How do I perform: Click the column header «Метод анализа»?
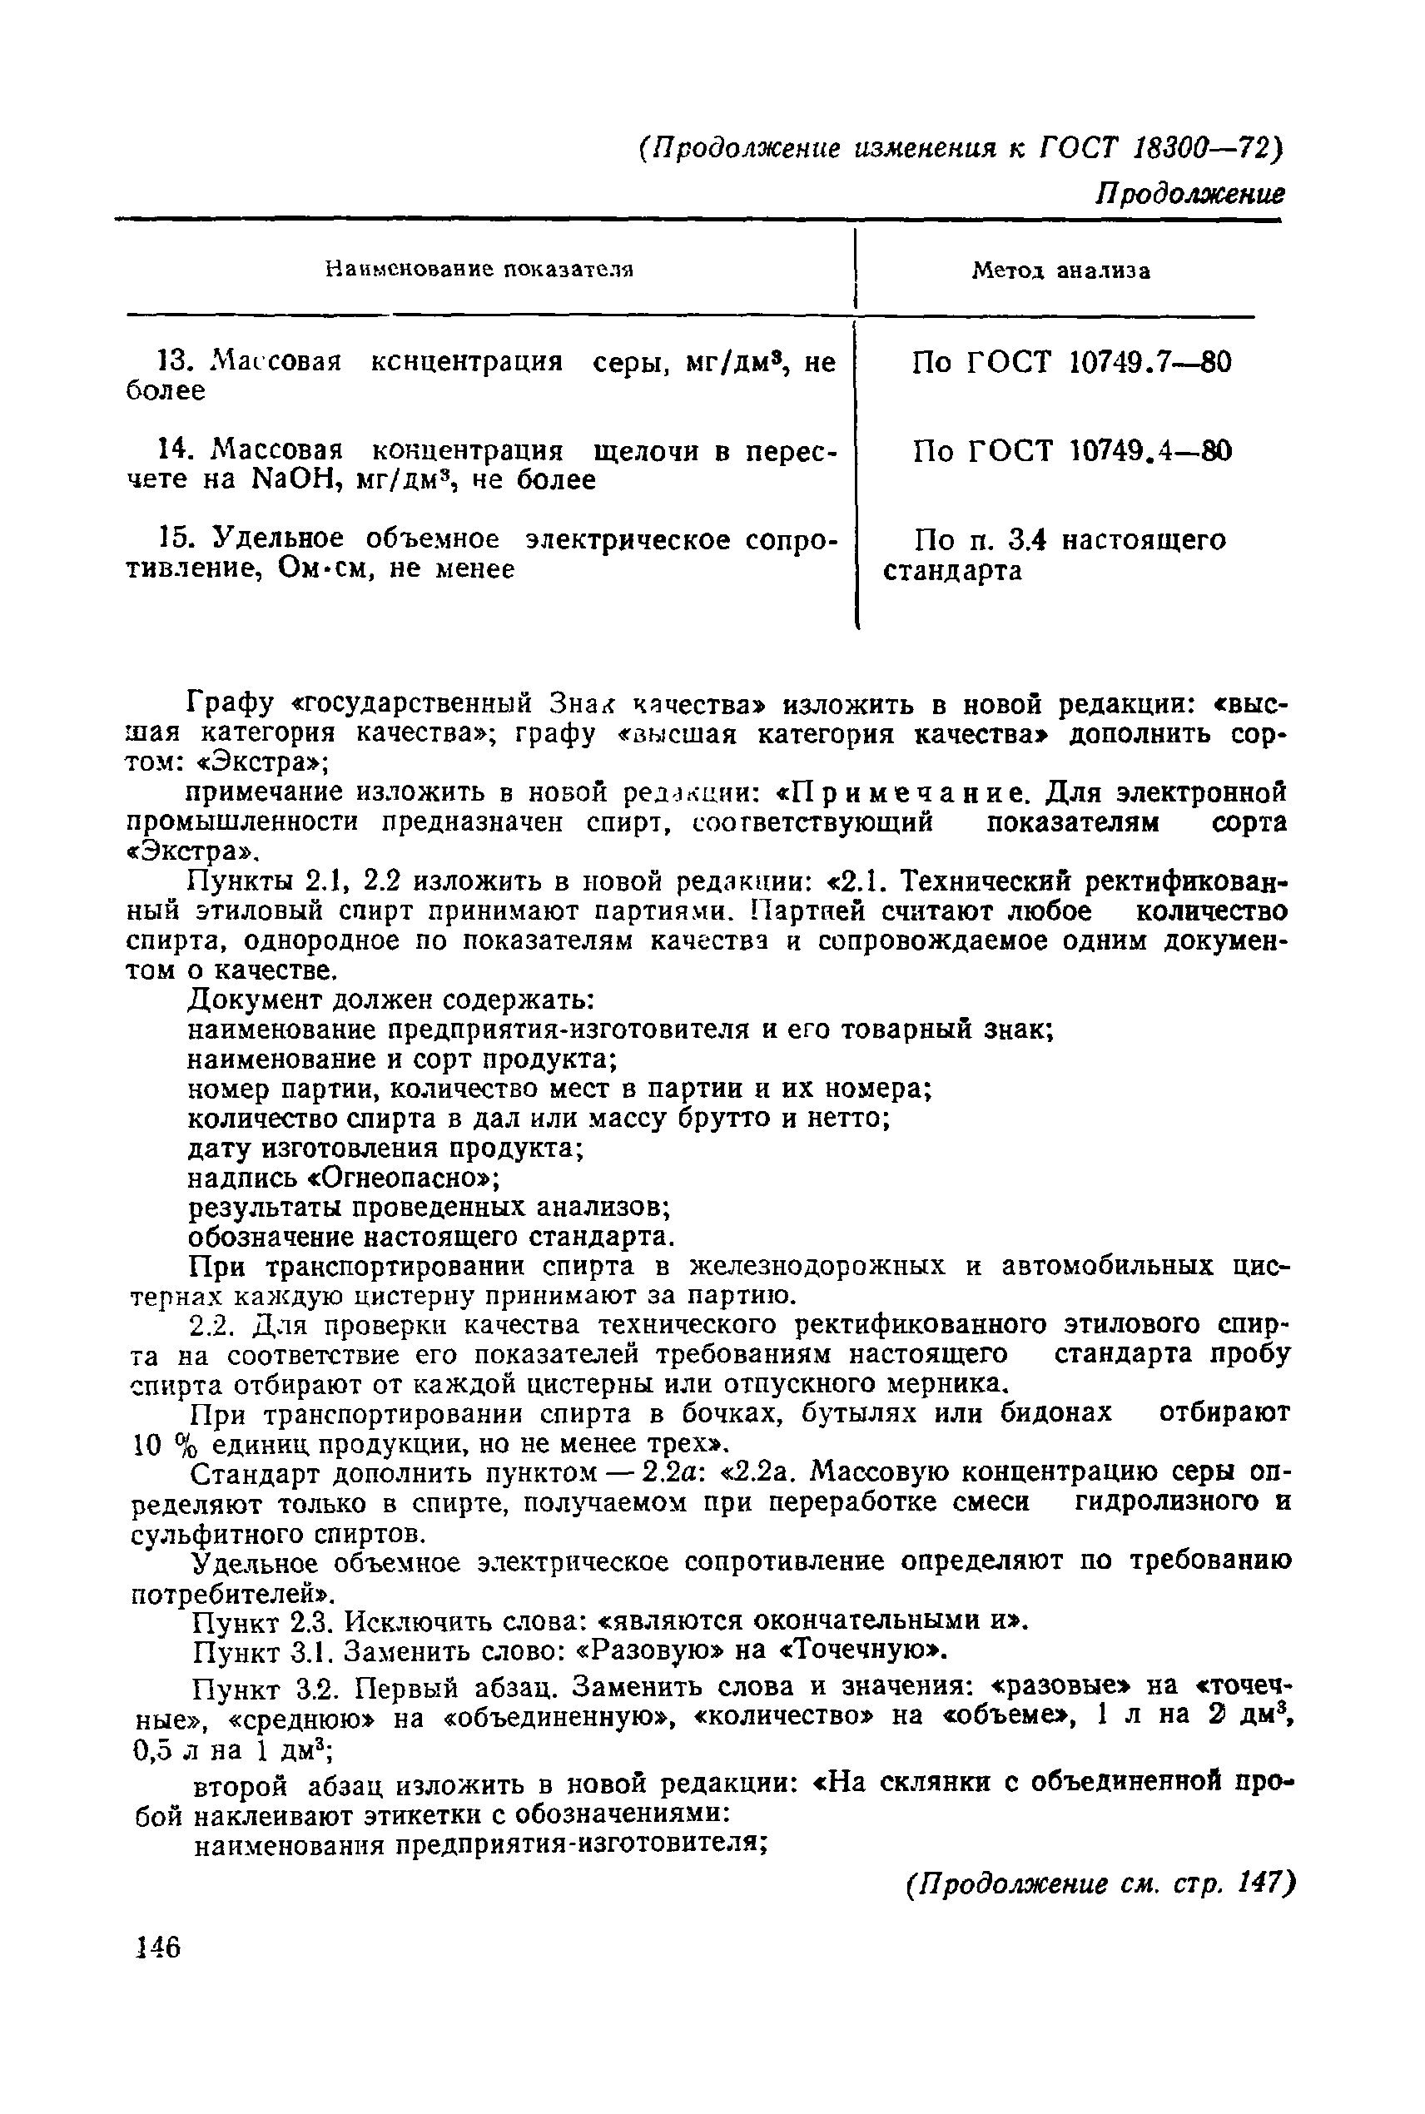click(1060, 270)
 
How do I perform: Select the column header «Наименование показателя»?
click(479, 269)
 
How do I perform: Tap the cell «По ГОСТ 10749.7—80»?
click(1072, 364)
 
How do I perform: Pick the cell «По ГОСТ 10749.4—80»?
click(1072, 451)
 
